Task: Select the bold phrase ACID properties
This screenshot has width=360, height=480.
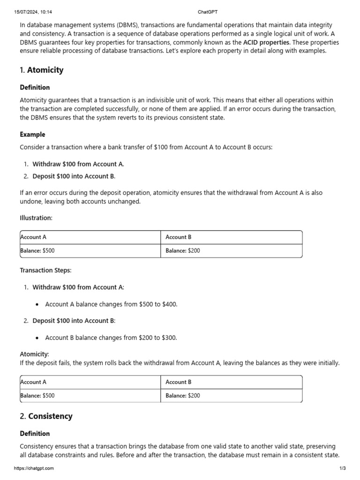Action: tap(266, 43)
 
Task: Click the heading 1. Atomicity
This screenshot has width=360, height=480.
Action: tap(42, 70)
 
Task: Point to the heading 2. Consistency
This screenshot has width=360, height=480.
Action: tap(46, 416)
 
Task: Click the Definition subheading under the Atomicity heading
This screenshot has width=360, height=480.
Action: tap(35, 88)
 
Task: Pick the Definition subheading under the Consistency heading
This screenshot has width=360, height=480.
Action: tap(35, 434)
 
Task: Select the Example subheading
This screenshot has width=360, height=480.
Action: tap(32, 135)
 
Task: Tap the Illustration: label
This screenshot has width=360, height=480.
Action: tap(36, 218)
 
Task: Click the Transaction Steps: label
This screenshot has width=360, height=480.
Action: tap(45, 270)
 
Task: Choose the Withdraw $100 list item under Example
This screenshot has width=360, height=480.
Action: tap(78, 164)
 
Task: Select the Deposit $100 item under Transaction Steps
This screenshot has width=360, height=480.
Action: tap(74, 321)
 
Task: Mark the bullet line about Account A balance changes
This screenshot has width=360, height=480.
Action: tap(111, 304)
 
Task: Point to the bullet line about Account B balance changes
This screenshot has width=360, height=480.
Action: tap(111, 337)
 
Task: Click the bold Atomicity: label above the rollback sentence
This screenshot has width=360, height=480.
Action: tap(34, 354)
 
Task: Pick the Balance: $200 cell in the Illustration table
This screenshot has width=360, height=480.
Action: tap(183, 251)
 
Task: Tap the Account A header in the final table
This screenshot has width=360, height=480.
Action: tap(33, 382)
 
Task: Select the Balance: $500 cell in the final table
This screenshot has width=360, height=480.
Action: tap(37, 396)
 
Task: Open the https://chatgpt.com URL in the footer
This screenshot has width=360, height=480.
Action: tap(34, 468)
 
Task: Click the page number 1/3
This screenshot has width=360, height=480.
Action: tap(342, 468)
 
